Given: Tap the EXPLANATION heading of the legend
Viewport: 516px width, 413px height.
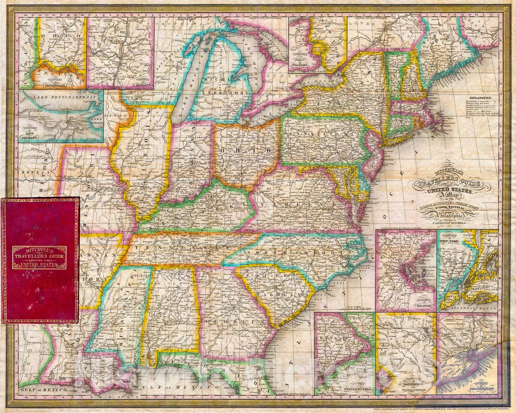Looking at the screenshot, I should pyautogui.click(x=481, y=97).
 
